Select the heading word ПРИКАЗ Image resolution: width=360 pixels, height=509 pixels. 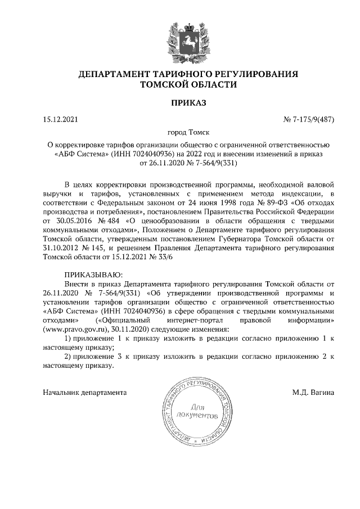[x=180, y=102]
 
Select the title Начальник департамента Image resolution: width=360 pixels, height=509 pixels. [x=85, y=392]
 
